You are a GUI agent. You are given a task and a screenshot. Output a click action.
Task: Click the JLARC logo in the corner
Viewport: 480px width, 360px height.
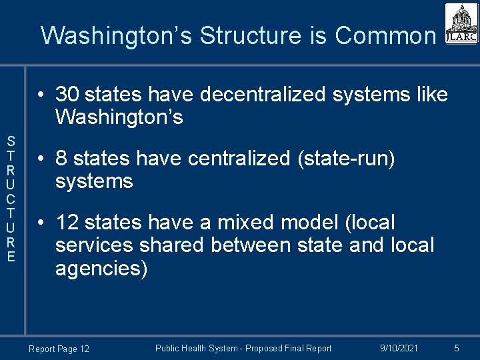pyautogui.click(x=461, y=24)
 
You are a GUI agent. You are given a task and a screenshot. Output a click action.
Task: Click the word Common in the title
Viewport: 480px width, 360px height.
pyautogui.click(x=385, y=35)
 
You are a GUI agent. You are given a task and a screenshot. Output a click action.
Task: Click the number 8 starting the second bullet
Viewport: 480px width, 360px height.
pyautogui.click(x=61, y=159)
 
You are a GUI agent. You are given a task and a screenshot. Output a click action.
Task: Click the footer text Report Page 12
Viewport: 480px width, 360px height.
pyautogui.click(x=59, y=349)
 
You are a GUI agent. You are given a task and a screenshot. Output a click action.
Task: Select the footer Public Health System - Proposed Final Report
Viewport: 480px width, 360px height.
pyautogui.click(x=243, y=348)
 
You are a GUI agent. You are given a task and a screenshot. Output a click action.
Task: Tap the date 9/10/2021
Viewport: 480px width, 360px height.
pyautogui.click(x=399, y=348)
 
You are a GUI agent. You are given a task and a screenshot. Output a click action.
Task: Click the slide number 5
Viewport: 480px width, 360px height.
pyautogui.click(x=457, y=348)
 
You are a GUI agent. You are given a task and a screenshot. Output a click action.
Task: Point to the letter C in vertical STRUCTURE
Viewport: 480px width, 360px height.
pyautogui.click(x=11, y=199)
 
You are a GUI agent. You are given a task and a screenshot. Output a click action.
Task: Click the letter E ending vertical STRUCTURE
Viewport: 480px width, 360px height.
pyautogui.click(x=11, y=256)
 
